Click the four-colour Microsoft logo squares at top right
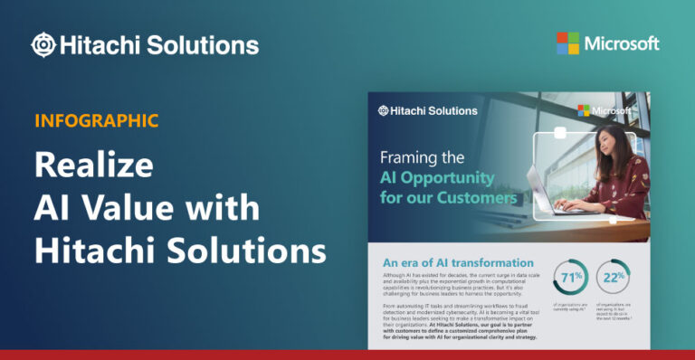[x=567, y=43]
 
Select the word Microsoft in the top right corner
[x=622, y=43]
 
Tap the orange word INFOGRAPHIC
[x=97, y=120]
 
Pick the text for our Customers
[x=448, y=196]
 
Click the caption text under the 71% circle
[x=570, y=308]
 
